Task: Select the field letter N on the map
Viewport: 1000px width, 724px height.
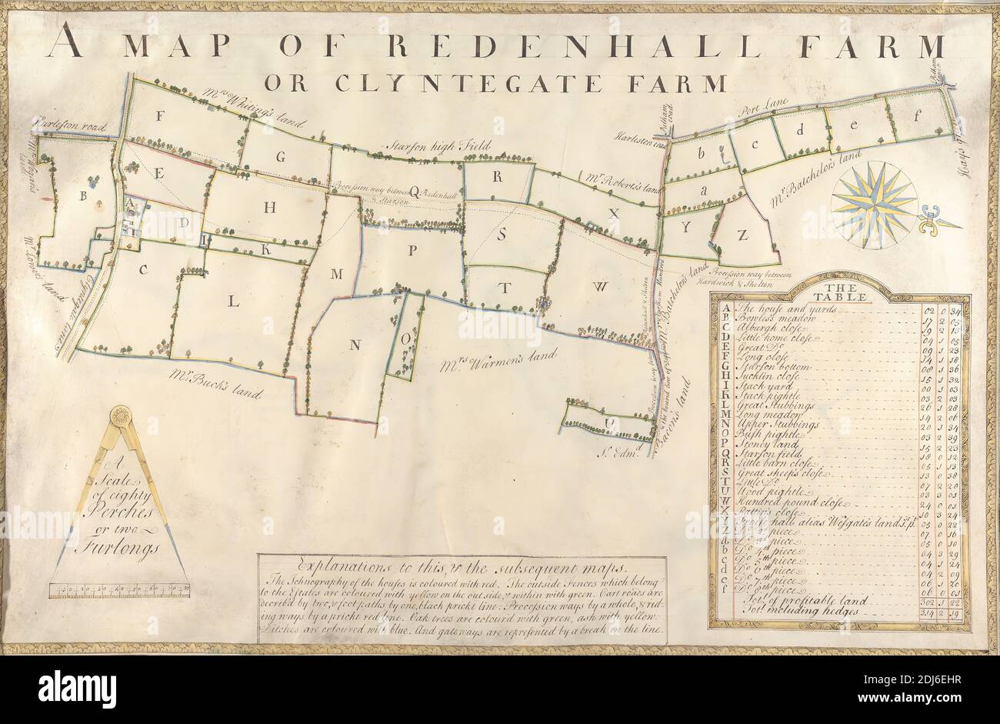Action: click(x=355, y=345)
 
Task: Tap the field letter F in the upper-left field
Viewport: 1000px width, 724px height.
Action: click(x=161, y=116)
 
